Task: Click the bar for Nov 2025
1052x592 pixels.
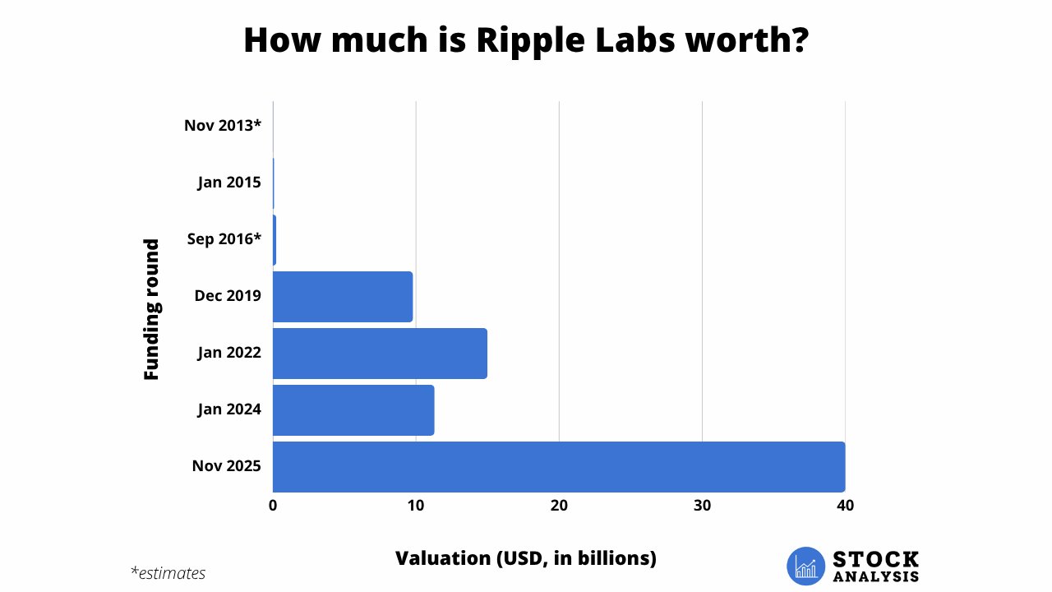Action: (x=559, y=466)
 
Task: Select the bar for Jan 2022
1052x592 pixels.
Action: (x=380, y=354)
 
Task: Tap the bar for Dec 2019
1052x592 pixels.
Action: (x=343, y=297)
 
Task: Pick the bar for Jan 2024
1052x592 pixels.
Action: (x=353, y=409)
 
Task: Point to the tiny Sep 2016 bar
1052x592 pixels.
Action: (x=275, y=240)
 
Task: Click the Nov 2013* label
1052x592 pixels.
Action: (x=222, y=126)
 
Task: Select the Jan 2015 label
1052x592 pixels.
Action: (x=229, y=183)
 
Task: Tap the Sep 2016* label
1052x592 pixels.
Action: (x=224, y=239)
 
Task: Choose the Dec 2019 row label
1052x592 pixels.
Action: (x=228, y=295)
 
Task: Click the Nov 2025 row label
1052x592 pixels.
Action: (x=226, y=466)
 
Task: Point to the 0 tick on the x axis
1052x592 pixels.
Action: (x=273, y=506)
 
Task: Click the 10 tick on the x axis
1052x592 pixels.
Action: (x=416, y=506)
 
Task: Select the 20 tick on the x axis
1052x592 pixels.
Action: (x=559, y=506)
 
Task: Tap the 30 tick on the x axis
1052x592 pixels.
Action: (x=702, y=506)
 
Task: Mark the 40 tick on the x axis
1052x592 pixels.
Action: (x=845, y=506)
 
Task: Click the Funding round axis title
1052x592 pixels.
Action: (x=151, y=309)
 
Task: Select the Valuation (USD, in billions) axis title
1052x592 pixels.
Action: (x=526, y=558)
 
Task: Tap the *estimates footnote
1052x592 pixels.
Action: (x=168, y=573)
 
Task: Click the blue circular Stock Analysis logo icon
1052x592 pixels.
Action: (x=805, y=566)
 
